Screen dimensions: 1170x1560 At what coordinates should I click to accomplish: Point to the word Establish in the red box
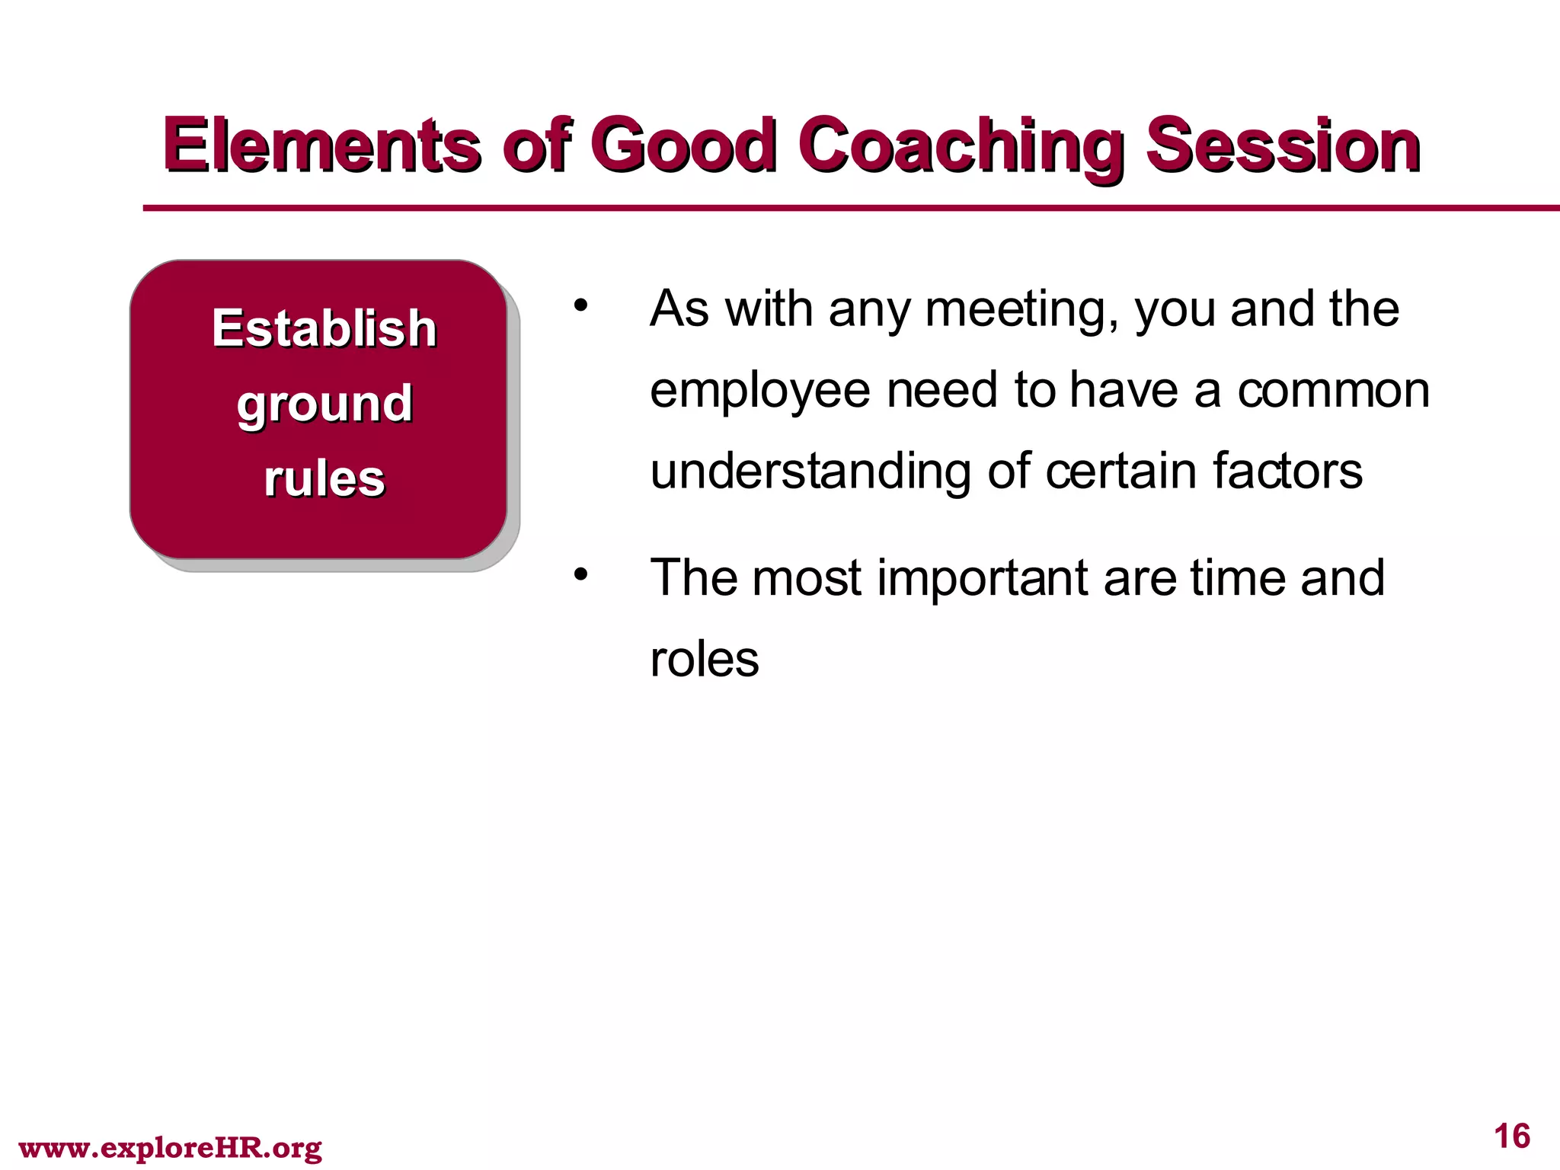[x=324, y=328]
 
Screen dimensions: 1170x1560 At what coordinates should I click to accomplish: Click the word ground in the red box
[x=324, y=404]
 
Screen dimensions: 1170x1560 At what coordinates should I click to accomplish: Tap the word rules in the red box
[x=324, y=479]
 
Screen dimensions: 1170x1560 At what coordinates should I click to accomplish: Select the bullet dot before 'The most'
[x=581, y=574]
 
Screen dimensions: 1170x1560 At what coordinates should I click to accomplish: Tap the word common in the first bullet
[x=1333, y=392]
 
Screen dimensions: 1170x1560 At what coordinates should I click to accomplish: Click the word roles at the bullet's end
[x=705, y=660]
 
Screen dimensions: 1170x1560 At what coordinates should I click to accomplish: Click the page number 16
[x=1511, y=1136]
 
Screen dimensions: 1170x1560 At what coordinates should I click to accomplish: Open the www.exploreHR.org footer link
[x=170, y=1147]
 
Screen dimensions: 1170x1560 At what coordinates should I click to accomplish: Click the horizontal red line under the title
[x=838, y=208]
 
